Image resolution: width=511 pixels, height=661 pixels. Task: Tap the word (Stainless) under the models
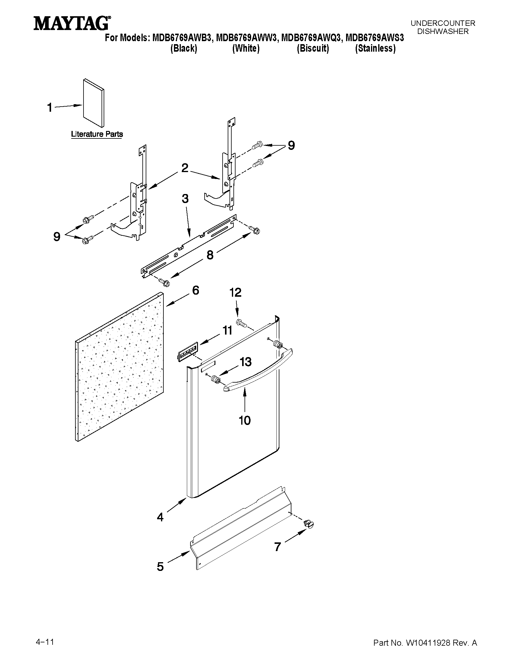click(375, 48)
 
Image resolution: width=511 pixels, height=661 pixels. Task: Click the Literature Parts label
click(97, 134)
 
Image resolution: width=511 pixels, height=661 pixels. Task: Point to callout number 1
click(50, 108)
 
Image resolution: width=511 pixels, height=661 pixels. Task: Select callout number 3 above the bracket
click(185, 199)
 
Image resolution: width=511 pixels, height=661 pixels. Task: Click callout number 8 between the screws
click(210, 255)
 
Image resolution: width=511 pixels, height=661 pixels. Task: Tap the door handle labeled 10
click(257, 371)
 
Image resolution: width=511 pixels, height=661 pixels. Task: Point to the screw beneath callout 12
click(241, 323)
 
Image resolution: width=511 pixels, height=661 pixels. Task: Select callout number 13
click(245, 362)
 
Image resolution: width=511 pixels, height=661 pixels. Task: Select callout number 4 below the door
click(160, 517)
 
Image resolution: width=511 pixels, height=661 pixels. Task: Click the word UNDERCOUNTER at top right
click(443, 23)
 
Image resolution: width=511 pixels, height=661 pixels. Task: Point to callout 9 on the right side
click(291, 146)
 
